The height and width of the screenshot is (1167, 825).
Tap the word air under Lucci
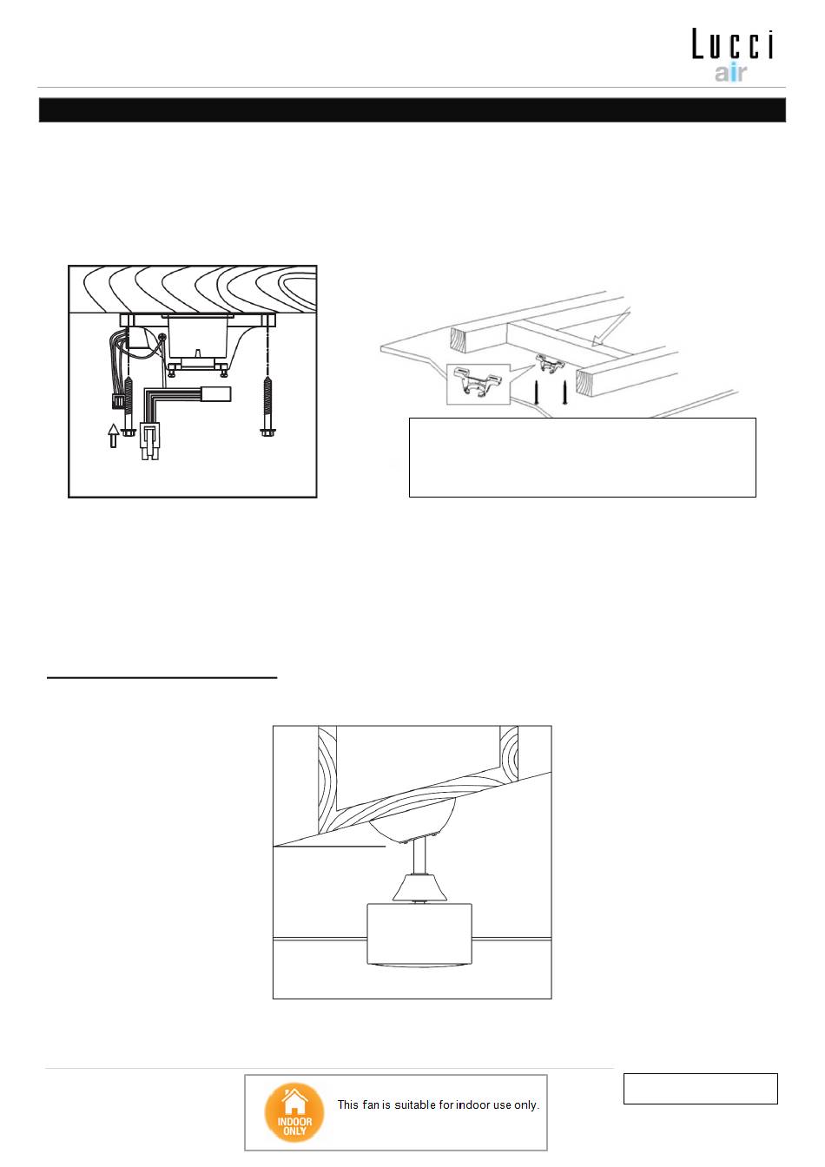tap(730, 73)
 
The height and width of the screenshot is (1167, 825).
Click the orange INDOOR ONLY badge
tap(294, 1113)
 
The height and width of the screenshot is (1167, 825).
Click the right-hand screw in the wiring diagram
tap(267, 399)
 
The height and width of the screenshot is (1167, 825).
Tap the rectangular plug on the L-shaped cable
tap(216, 393)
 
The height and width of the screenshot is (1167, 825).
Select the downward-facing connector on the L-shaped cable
tap(149, 440)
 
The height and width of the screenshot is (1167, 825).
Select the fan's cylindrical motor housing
tap(419, 934)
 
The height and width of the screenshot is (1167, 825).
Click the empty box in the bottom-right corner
tap(700, 1089)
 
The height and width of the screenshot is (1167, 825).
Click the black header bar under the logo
tap(412, 110)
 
